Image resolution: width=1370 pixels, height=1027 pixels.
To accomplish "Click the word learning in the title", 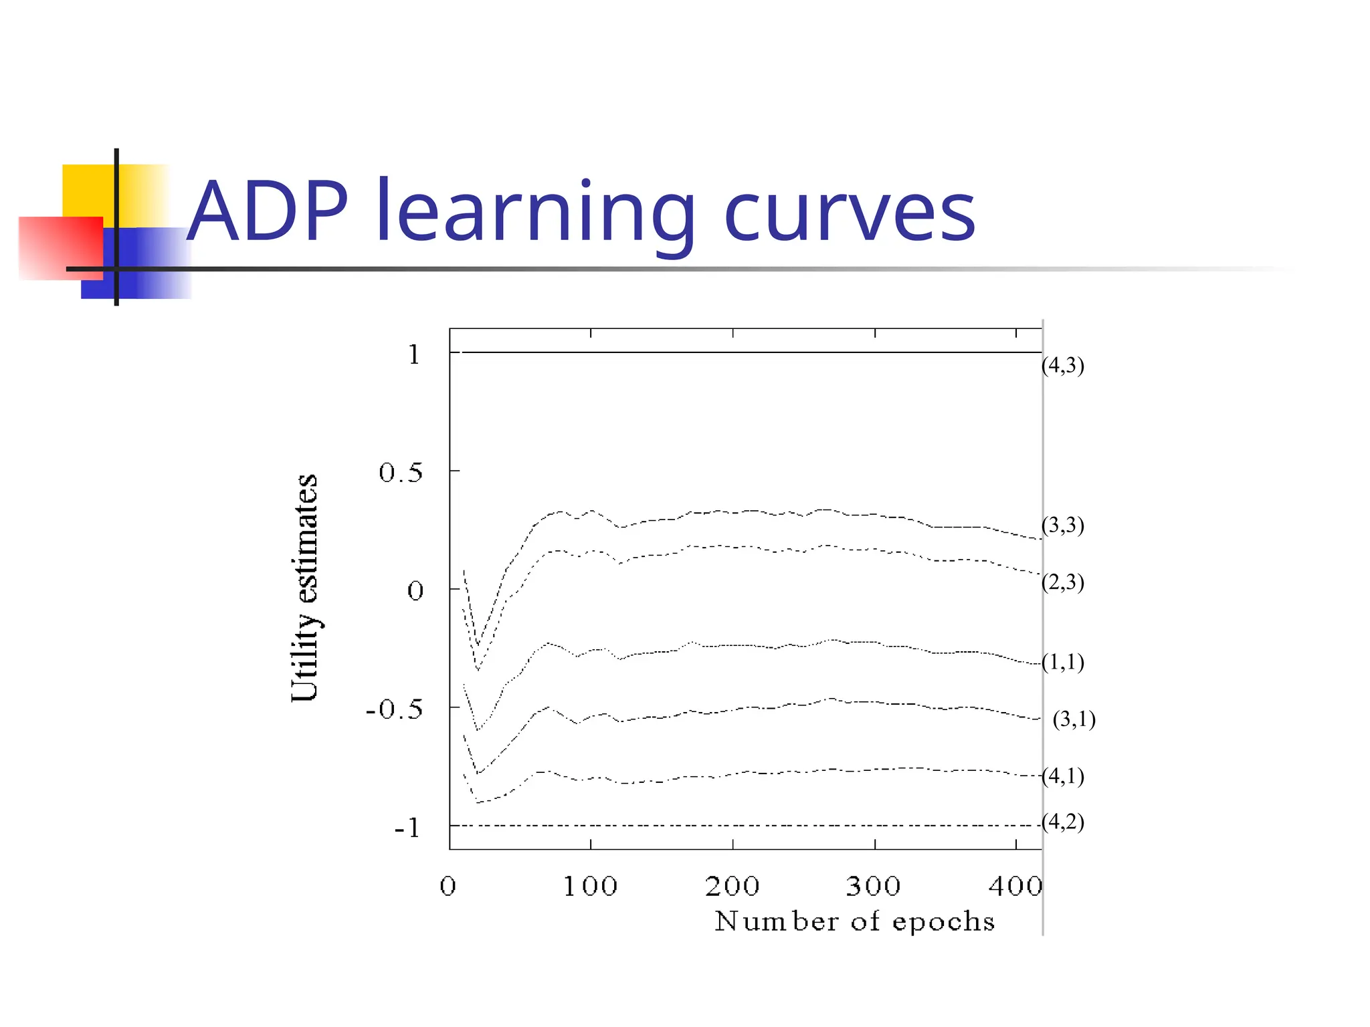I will tap(535, 214).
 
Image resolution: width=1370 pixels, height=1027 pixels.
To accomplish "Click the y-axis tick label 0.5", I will tap(401, 473).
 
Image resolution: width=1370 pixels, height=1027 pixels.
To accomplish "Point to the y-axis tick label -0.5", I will tap(395, 709).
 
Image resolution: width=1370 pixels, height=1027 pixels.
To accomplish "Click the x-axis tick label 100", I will tap(590, 887).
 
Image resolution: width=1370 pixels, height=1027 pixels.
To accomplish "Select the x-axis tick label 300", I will tap(874, 887).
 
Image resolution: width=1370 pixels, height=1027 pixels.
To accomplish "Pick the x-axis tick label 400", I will tap(1015, 887).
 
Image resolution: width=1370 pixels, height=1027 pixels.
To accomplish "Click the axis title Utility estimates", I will tap(305, 588).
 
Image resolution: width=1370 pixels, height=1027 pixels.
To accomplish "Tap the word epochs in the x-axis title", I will tap(943, 923).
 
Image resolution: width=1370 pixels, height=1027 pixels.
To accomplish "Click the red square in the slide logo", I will tap(60, 247).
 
